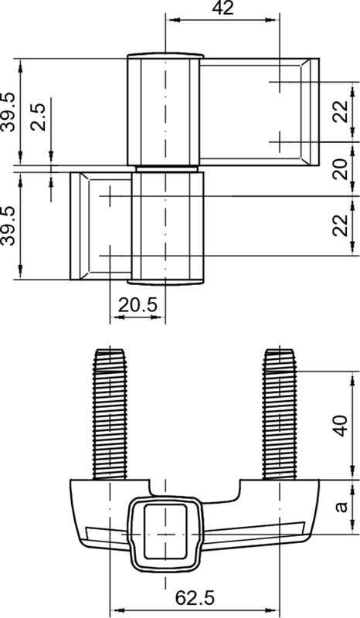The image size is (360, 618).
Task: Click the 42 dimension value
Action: click(x=223, y=9)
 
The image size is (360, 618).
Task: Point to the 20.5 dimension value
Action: click(x=138, y=306)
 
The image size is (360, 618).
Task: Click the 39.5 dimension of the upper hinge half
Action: click(x=9, y=111)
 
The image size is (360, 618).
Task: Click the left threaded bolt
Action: click(x=110, y=413)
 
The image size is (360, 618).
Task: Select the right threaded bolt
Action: click(x=280, y=413)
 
